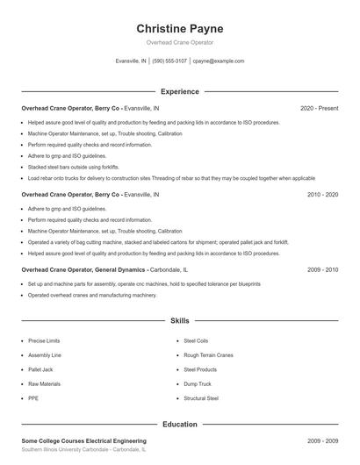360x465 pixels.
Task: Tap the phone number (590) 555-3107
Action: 169,61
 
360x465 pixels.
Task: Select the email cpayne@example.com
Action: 218,61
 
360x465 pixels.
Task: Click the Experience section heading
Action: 179,91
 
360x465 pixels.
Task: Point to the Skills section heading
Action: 179,321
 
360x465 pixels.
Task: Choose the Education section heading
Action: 179,425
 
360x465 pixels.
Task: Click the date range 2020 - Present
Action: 319,108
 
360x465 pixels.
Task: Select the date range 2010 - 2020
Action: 323,194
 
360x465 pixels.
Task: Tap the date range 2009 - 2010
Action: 323,269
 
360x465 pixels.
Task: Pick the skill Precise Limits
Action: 44,340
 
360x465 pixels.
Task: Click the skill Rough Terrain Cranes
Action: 208,355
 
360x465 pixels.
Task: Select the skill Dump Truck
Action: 197,384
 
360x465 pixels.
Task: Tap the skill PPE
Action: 32,398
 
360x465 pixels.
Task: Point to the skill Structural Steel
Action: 201,398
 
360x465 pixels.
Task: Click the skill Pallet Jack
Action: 40,369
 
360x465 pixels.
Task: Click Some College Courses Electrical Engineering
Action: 83,440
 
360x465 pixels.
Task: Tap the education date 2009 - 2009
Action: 323,440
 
